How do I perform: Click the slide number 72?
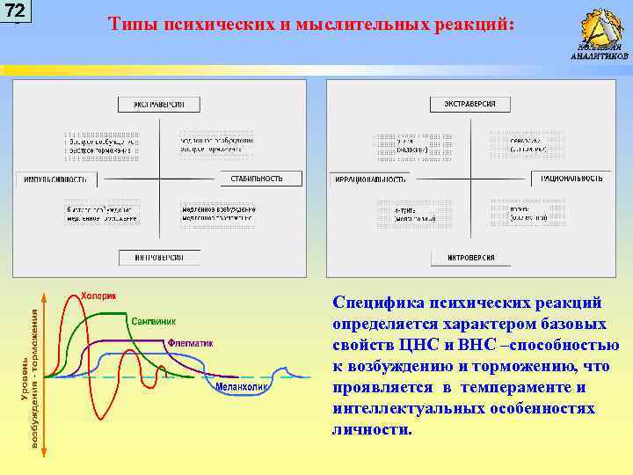(15, 11)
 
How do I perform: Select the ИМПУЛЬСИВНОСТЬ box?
(56, 179)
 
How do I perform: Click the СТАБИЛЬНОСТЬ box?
(257, 179)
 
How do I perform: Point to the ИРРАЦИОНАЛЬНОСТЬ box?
(370, 179)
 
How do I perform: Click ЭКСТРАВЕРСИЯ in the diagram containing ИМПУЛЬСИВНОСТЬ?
(159, 104)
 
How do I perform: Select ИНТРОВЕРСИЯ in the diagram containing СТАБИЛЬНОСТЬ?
(159, 258)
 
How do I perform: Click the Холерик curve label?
(98, 296)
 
